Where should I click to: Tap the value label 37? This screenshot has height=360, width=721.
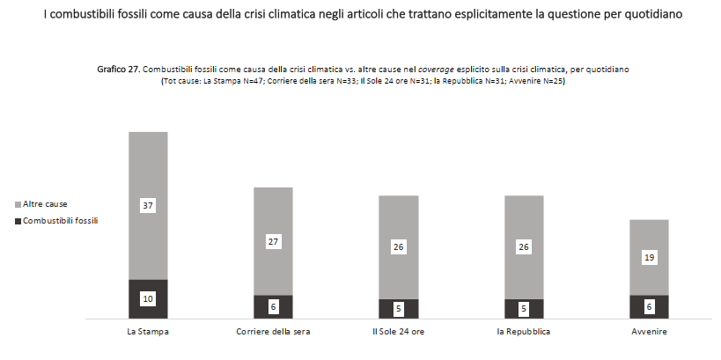pyautogui.click(x=148, y=205)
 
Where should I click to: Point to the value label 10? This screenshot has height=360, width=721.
pyautogui.click(x=148, y=299)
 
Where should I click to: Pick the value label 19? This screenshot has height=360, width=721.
pyautogui.click(x=649, y=258)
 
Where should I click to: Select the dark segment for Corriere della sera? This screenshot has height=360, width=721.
pyautogui.click(x=273, y=312)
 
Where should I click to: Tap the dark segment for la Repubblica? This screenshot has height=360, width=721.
pyautogui.click(x=524, y=314)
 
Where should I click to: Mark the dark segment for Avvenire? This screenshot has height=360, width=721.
pyautogui.click(x=649, y=312)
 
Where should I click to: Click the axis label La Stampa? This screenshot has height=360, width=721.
pyautogui.click(x=148, y=332)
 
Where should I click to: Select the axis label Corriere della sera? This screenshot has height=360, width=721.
pyautogui.click(x=273, y=332)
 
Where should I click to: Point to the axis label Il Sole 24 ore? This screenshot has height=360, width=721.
pyautogui.click(x=398, y=332)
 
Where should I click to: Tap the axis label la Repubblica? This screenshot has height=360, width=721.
pyautogui.click(x=524, y=332)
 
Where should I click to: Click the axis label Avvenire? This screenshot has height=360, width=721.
pyautogui.click(x=649, y=332)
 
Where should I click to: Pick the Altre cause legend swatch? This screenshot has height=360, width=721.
pyautogui.click(x=18, y=204)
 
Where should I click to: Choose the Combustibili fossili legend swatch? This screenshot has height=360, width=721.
pyautogui.click(x=18, y=220)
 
